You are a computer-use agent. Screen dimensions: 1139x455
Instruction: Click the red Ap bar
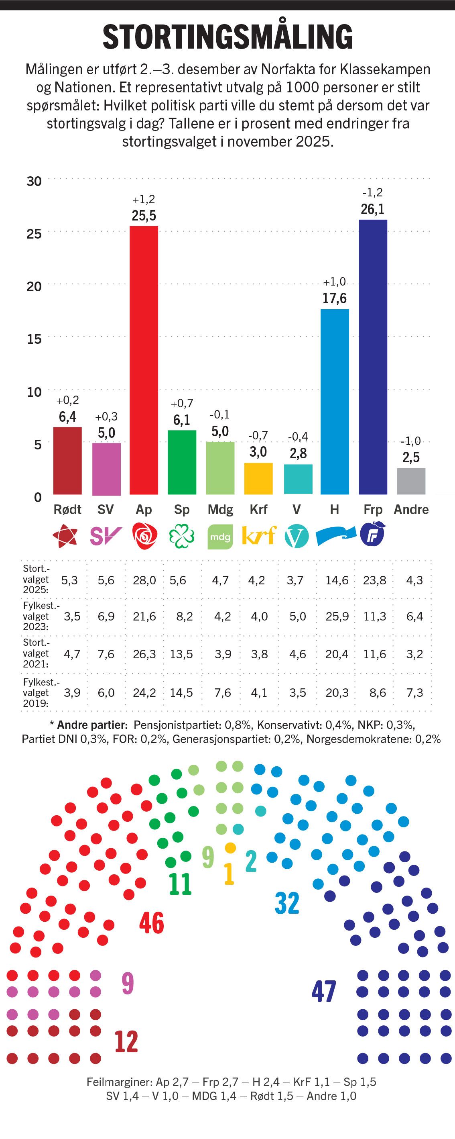[144, 360]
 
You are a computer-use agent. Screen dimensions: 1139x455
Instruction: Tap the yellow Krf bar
[258, 478]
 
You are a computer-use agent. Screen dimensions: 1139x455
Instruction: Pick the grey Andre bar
[411, 481]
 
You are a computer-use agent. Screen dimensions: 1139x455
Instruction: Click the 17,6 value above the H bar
[334, 298]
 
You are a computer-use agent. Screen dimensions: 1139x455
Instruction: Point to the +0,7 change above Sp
[182, 403]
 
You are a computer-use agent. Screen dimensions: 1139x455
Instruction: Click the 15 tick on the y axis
[34, 339]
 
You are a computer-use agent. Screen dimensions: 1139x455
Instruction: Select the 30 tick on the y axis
[34, 181]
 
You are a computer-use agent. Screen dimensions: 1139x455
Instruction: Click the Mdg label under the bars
[220, 509]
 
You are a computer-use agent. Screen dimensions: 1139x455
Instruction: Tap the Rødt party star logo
[65, 536]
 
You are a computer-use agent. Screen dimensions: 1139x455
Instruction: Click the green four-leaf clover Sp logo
[181, 536]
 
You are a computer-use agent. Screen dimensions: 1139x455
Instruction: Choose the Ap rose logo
[144, 536]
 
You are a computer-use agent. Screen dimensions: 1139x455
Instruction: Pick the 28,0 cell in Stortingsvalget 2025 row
[144, 580]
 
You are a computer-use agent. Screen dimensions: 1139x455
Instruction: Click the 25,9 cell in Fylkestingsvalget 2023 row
[337, 616]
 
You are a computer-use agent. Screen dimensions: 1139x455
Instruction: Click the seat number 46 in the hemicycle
[152, 923]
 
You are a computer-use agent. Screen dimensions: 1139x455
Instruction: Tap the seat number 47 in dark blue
[324, 991]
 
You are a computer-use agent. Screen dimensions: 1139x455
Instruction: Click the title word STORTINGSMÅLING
[227, 37]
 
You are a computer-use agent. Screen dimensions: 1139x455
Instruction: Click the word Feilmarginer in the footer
[119, 1082]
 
